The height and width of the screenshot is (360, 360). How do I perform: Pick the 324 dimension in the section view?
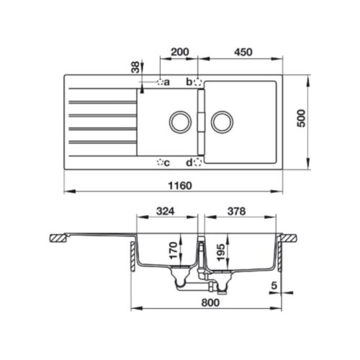coord(167,212)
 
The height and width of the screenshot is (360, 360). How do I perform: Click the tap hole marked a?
coord(160,82)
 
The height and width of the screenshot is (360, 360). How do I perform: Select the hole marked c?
coord(160,161)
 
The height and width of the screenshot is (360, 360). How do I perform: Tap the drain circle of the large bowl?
coord(221,121)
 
